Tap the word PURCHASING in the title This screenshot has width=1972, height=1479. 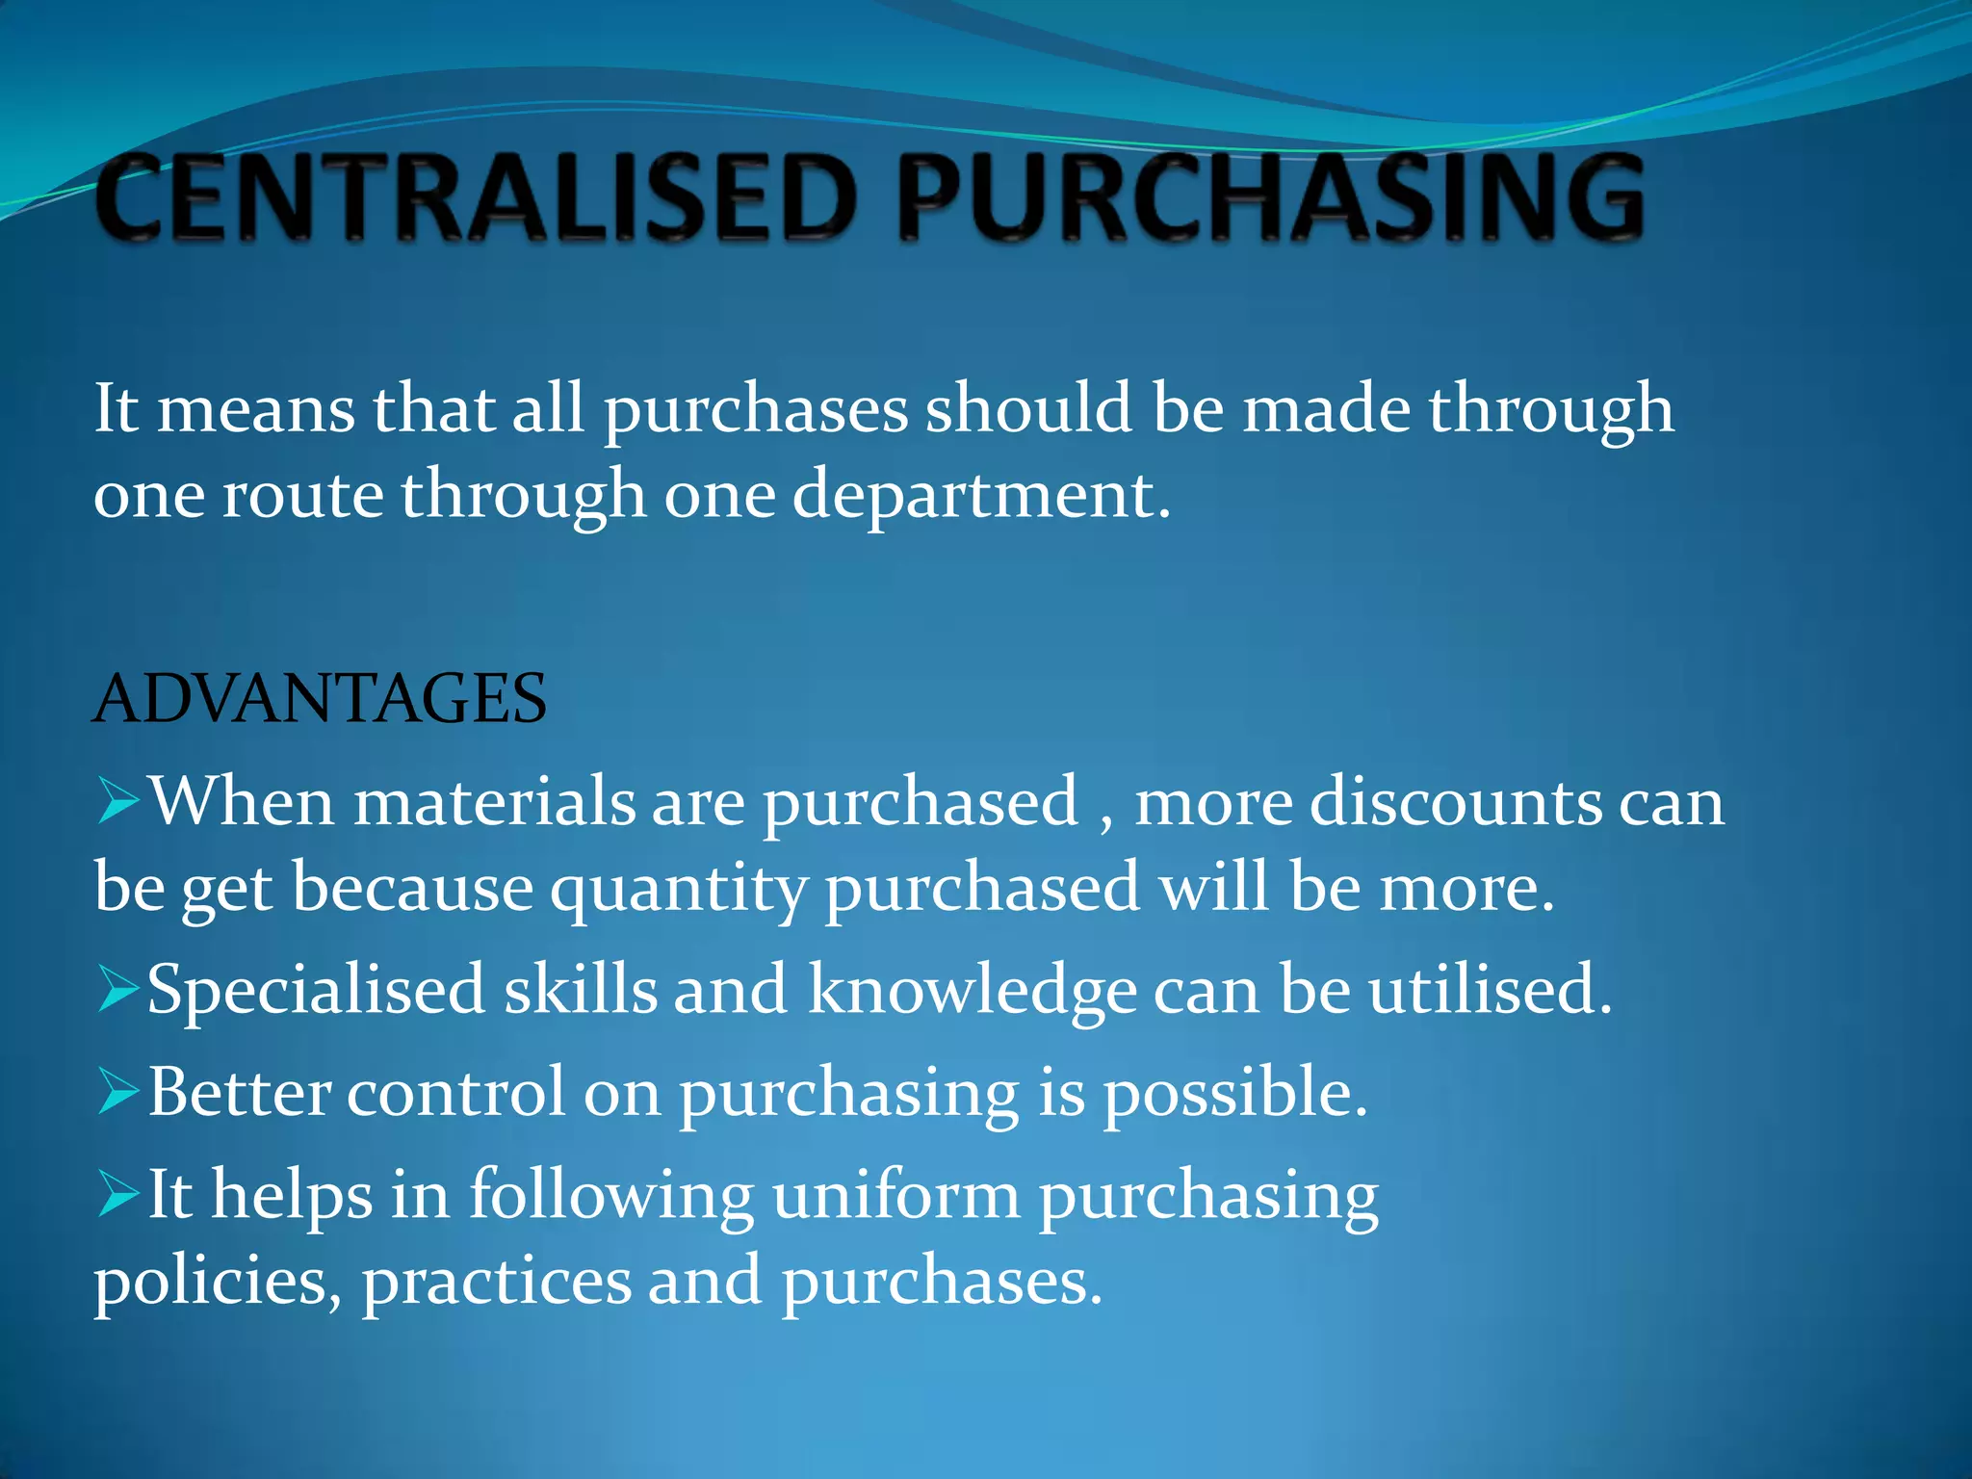pyautogui.click(x=1271, y=198)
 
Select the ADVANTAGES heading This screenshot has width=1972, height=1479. pyautogui.click(x=321, y=699)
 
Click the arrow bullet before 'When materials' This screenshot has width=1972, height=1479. pyautogui.click(x=119, y=802)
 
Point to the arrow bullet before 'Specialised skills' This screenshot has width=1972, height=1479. pyautogui.click(x=119, y=991)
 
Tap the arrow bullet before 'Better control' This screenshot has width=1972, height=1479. pyautogui.click(x=119, y=1094)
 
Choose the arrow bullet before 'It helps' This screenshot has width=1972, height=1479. pyautogui.click(x=119, y=1196)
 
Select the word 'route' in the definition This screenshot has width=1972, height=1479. pyautogui.click(x=302, y=496)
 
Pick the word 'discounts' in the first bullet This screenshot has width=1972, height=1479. pyautogui.click(x=1454, y=802)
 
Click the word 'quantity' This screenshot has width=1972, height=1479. pyautogui.click(x=679, y=888)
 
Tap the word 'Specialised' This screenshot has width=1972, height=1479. pyautogui.click(x=316, y=991)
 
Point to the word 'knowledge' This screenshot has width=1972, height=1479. pyautogui.click(x=973, y=991)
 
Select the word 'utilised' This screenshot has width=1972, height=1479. pyautogui.click(x=1483, y=991)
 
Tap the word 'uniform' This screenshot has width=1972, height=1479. pyautogui.click(x=895, y=1196)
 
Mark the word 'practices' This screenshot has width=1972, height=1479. pyautogui.click(x=497, y=1283)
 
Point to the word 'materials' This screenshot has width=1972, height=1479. pyautogui.click(x=495, y=802)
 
